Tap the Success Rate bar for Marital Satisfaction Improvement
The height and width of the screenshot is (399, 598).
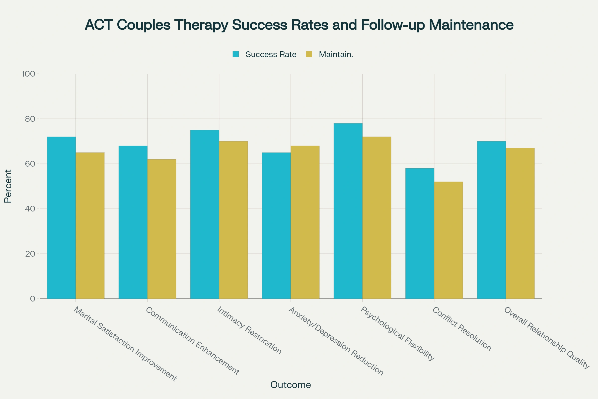click(61, 217)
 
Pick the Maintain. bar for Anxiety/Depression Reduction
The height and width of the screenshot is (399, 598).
click(305, 222)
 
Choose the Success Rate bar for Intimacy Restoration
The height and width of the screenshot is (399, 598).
click(205, 214)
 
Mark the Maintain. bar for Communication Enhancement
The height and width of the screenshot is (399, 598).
click(162, 229)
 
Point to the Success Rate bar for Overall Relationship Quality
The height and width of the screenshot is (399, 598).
click(491, 220)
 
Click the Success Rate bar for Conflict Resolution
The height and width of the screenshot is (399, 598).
click(420, 233)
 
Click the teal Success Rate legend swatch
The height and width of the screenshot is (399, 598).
click(236, 54)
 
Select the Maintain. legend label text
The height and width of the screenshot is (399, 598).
click(336, 54)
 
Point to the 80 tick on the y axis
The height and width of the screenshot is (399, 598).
click(30, 119)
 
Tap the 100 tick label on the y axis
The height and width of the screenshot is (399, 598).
click(28, 74)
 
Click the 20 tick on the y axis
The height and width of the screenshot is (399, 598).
click(30, 254)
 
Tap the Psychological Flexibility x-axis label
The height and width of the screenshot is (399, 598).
click(398, 334)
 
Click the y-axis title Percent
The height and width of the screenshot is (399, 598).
click(8, 186)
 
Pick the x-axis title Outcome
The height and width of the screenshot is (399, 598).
click(291, 385)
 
